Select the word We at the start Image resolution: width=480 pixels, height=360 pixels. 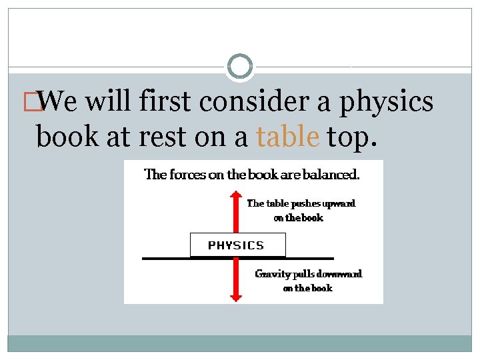(60, 102)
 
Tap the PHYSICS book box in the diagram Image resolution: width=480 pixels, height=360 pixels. (237, 245)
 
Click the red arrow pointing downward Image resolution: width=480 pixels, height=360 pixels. (235, 280)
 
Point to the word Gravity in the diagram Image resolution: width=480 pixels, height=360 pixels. (272, 274)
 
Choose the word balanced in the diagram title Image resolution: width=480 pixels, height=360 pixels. (331, 175)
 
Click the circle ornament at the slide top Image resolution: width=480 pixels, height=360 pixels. (240, 66)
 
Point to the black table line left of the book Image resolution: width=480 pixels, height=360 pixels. (165, 258)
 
